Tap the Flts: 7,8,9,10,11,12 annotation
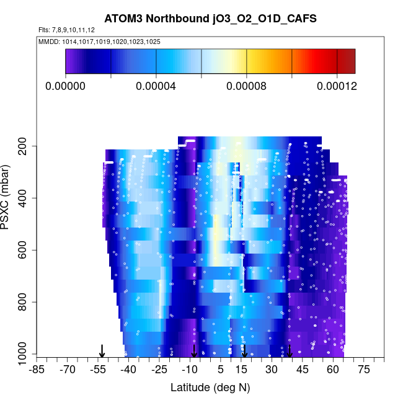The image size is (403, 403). (66, 30)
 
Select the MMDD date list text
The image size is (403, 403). (99, 41)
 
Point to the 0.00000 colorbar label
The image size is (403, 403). (66, 86)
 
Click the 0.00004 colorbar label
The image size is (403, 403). (156, 86)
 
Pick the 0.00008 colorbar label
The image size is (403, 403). (246, 86)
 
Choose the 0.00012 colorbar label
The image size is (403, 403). (337, 86)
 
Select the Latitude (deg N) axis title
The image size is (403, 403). (210, 387)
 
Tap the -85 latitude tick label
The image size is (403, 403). (37, 370)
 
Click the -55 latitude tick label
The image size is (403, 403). (98, 370)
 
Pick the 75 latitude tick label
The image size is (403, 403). (364, 370)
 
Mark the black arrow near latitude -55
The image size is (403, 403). (102, 351)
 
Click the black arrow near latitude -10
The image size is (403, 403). (194, 351)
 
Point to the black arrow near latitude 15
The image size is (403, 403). (244, 351)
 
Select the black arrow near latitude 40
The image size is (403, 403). (290, 351)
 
